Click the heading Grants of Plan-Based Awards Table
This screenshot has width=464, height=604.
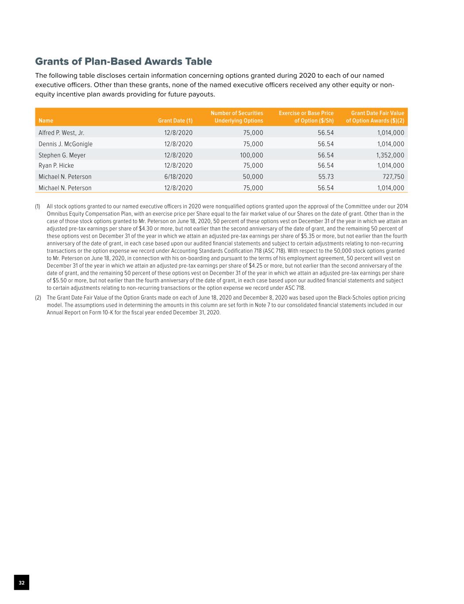coord(124,62)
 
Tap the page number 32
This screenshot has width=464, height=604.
coord(22,583)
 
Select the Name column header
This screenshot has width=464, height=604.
coord(46,120)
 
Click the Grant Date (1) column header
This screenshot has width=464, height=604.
coord(175,120)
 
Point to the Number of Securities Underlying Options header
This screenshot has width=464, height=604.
coord(237,117)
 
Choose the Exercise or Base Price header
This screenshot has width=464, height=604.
coord(306,117)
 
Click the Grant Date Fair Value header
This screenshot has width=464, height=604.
coord(375,117)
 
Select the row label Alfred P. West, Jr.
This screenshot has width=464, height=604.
coord(61,133)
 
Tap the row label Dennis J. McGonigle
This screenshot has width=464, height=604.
coord(66,144)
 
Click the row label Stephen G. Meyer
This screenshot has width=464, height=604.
coord(62,155)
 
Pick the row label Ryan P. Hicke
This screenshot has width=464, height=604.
coord(56,165)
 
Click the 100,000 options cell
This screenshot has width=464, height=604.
coord(251,155)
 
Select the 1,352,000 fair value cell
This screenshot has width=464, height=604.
coord(391,155)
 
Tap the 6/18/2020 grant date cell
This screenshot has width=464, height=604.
coord(178,177)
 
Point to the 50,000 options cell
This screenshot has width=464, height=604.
coord(253,177)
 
